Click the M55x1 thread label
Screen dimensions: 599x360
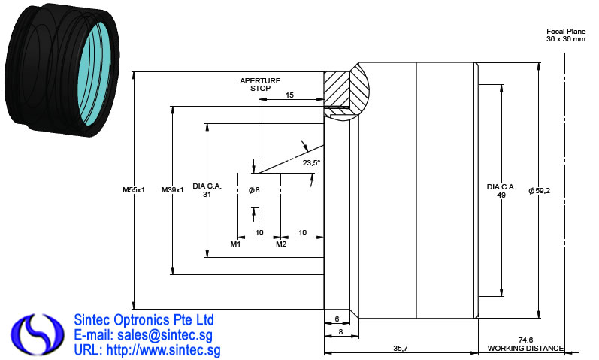tap(134, 190)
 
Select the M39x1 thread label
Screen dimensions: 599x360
tap(172, 190)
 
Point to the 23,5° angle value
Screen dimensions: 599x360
tap(311, 163)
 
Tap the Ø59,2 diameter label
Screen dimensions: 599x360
tap(540, 191)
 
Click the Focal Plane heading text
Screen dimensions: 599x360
tap(566, 32)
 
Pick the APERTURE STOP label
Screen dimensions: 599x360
tap(260, 84)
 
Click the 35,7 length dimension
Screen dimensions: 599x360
tap(401, 348)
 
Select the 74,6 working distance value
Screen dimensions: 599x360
tap(525, 340)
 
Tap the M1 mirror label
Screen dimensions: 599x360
tap(235, 244)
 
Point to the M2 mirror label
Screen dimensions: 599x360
tap(281, 244)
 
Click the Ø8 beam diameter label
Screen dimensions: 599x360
tap(254, 190)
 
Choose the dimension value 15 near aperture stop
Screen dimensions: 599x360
tap(289, 95)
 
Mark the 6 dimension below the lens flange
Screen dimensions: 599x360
tap(337, 319)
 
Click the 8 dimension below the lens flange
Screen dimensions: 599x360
tap(340, 332)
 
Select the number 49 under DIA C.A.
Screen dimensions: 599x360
tap(501, 195)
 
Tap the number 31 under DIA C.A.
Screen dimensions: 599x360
tap(207, 194)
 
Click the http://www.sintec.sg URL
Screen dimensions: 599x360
tap(164, 350)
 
